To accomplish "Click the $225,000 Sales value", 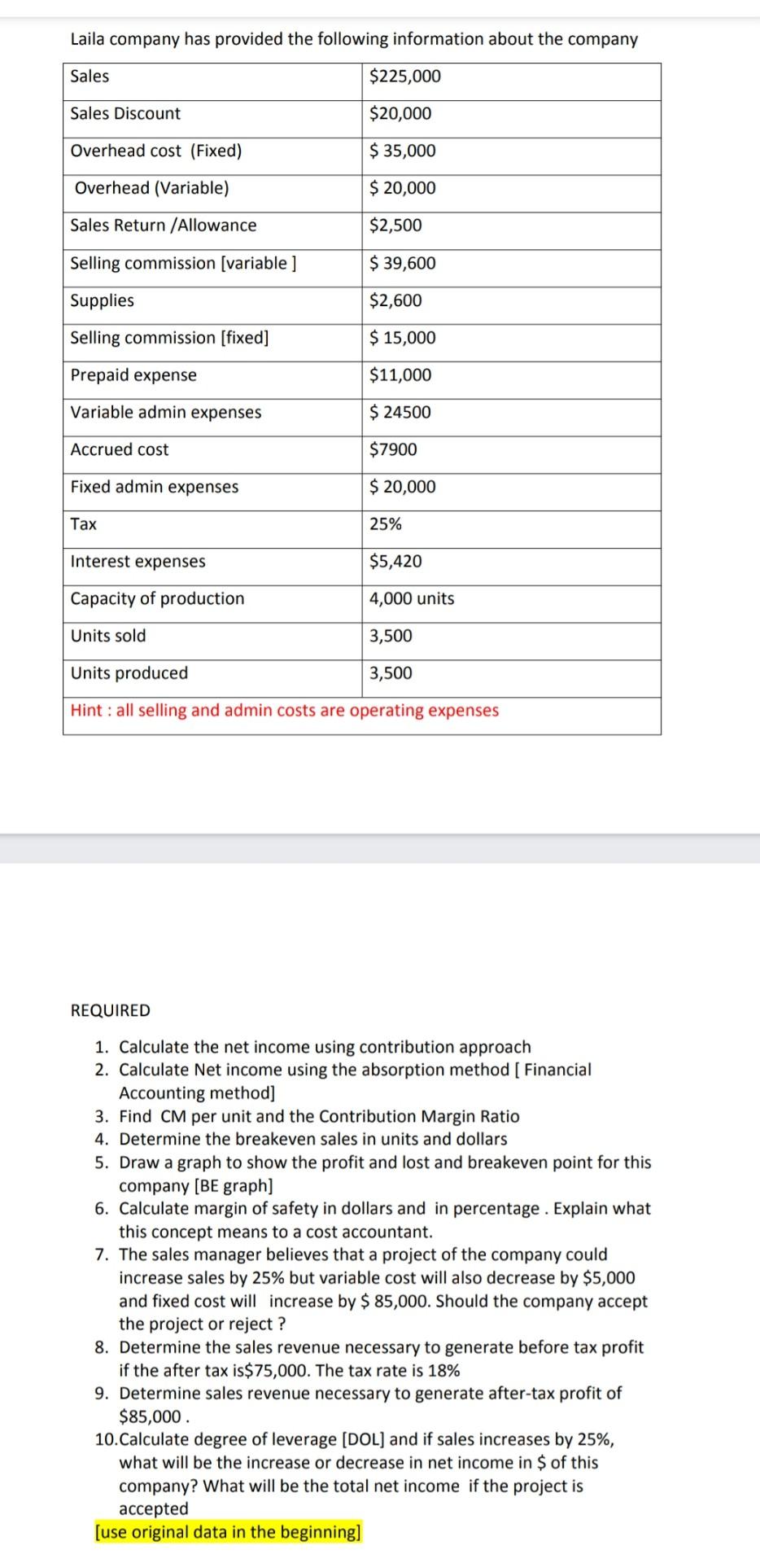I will (x=404, y=77).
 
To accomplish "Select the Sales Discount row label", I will (x=125, y=114).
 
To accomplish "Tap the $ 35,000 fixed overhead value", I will (x=402, y=151).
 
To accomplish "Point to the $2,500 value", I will (x=395, y=225).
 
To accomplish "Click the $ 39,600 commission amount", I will (x=402, y=263).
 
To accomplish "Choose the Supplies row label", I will (x=102, y=300).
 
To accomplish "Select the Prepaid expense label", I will (x=133, y=375).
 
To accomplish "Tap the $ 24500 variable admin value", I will (x=400, y=413).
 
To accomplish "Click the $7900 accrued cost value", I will (x=393, y=449).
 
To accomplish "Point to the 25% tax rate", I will (x=386, y=524).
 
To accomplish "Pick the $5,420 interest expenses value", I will (x=395, y=562).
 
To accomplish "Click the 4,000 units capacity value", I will (x=412, y=599).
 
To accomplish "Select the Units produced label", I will (x=129, y=673).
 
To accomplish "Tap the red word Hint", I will (x=86, y=711).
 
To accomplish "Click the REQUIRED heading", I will (x=111, y=1010).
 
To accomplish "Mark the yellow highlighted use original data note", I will (x=228, y=1532).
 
